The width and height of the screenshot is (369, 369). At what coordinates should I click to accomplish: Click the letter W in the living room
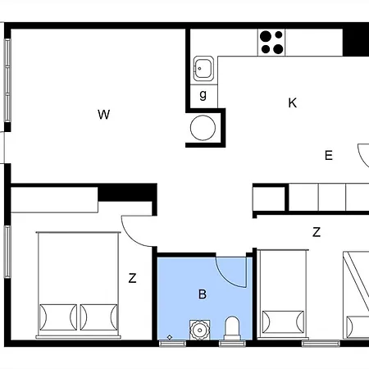[x=103, y=114]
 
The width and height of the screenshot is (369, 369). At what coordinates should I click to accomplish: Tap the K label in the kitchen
[x=292, y=103]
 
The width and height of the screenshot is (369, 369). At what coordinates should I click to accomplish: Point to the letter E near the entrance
[x=329, y=155]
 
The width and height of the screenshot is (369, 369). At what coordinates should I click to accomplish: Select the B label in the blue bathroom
[x=203, y=293]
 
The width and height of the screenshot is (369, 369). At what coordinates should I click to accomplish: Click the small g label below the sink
[x=203, y=95]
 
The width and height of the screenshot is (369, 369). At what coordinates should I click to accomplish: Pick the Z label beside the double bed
[x=132, y=279]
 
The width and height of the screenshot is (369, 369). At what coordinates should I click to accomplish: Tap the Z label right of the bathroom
[x=317, y=232]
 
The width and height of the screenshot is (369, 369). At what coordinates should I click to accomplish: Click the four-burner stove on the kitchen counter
[x=271, y=40]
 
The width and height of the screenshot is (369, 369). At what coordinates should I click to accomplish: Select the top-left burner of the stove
[x=265, y=35]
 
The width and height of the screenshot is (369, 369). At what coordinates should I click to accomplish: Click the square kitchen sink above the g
[x=203, y=69]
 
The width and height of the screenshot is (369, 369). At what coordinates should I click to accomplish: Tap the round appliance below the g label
[x=203, y=127]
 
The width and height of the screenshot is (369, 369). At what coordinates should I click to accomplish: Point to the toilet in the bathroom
[x=231, y=327]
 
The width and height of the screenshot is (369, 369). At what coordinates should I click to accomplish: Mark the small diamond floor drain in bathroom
[x=169, y=336]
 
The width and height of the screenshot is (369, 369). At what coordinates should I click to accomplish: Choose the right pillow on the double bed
[x=98, y=316]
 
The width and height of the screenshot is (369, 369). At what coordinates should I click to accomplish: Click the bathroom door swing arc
[x=232, y=272]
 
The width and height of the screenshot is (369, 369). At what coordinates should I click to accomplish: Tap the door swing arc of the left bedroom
[x=136, y=230]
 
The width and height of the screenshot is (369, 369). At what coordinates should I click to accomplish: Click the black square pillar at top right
[x=356, y=39]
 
